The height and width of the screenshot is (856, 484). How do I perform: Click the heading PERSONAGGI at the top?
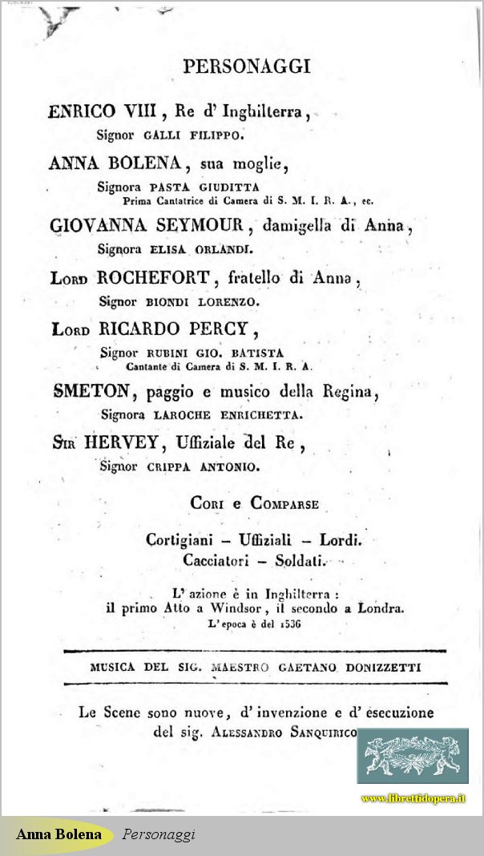tap(246, 67)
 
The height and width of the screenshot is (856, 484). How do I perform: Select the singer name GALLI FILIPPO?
tap(192, 135)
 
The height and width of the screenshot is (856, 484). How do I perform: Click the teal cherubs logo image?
tap(412, 756)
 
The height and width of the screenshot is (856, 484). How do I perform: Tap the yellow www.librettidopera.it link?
tap(413, 798)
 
